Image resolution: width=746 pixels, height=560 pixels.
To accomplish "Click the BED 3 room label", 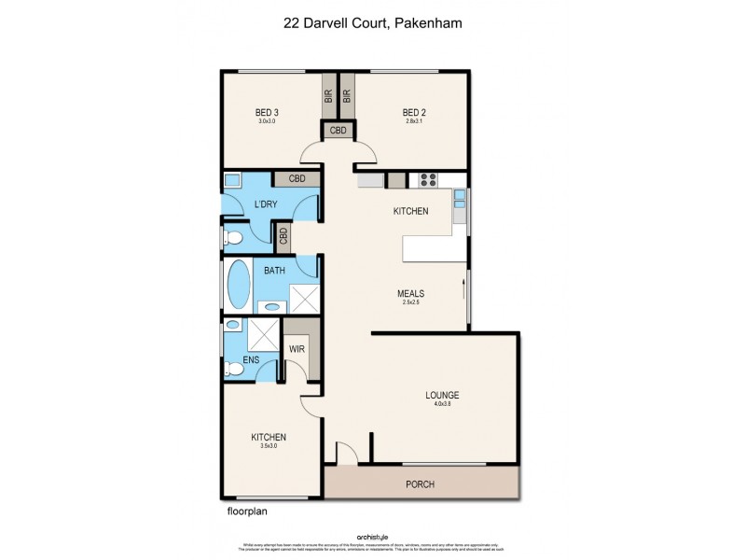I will coord(269,112).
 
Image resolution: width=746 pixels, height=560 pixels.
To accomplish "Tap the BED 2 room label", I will coord(415,112).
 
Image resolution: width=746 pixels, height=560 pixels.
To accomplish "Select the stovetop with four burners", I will coord(430,180).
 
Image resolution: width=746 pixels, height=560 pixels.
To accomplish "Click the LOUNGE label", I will coord(443,395).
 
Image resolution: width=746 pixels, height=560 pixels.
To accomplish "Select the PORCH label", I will coord(421,484).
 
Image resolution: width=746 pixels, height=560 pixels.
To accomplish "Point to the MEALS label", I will coord(407,292).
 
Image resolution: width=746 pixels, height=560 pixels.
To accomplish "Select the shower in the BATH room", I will coord(303,298).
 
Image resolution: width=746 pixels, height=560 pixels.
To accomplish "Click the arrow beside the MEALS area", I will coord(463,285).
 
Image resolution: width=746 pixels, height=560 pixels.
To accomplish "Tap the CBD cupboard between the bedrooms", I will coord(338,131).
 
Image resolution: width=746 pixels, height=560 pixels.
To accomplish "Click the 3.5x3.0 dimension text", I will coord(268,446).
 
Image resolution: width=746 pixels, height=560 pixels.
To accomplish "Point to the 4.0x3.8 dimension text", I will coord(443,404).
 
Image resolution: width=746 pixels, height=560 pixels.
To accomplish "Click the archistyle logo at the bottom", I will coord(372,536).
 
